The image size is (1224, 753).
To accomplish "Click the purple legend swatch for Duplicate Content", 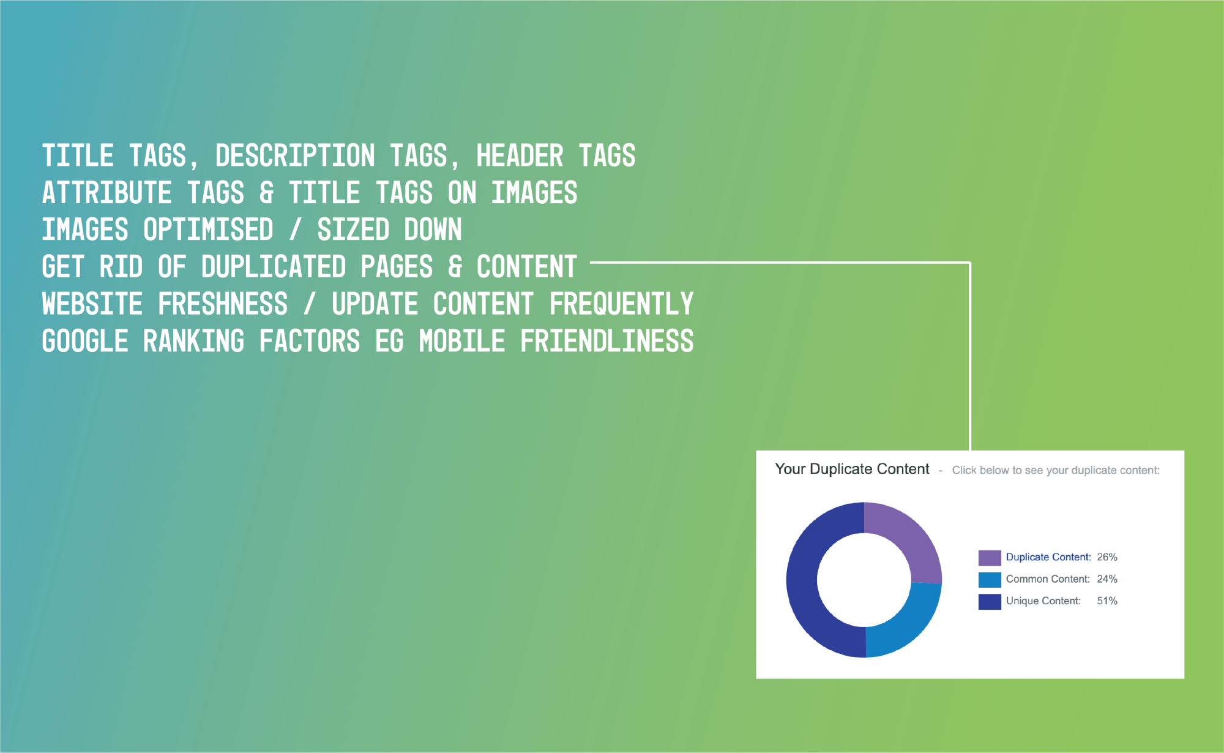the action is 990,558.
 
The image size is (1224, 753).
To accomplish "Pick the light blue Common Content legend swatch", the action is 990,580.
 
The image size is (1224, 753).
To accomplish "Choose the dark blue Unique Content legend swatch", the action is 990,602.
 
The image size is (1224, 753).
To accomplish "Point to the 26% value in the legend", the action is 1107,557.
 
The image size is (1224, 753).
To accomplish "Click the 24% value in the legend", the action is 1107,579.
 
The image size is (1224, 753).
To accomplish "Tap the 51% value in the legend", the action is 1107,601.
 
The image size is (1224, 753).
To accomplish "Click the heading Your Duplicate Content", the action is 852,469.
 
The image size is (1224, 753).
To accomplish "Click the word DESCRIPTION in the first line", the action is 295,155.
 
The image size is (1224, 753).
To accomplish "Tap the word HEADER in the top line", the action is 520,155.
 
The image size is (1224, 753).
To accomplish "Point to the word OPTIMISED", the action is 208,230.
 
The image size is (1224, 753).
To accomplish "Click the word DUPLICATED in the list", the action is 274,267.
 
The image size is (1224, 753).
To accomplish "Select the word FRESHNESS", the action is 223,304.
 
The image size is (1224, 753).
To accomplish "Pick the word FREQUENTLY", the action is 621,304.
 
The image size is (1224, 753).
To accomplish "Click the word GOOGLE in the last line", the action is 85,341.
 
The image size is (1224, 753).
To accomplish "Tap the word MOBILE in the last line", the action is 462,341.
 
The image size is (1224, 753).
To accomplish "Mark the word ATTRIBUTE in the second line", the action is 107,193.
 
